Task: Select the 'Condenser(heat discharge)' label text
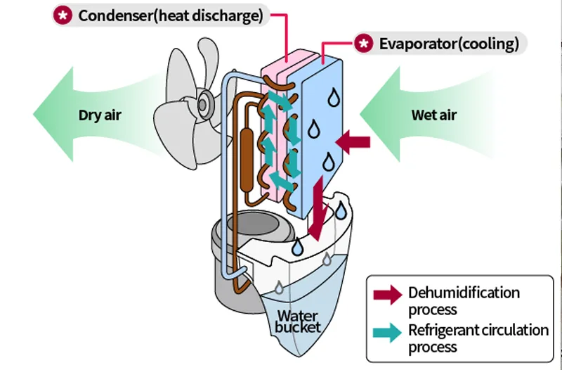(x=171, y=16)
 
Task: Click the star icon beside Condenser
(x=63, y=16)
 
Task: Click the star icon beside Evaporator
(x=364, y=44)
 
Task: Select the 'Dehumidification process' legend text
(x=464, y=300)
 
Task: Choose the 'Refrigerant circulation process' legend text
(x=478, y=338)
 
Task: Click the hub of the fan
(x=204, y=104)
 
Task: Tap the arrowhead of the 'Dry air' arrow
(x=53, y=113)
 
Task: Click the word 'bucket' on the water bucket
(x=299, y=327)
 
